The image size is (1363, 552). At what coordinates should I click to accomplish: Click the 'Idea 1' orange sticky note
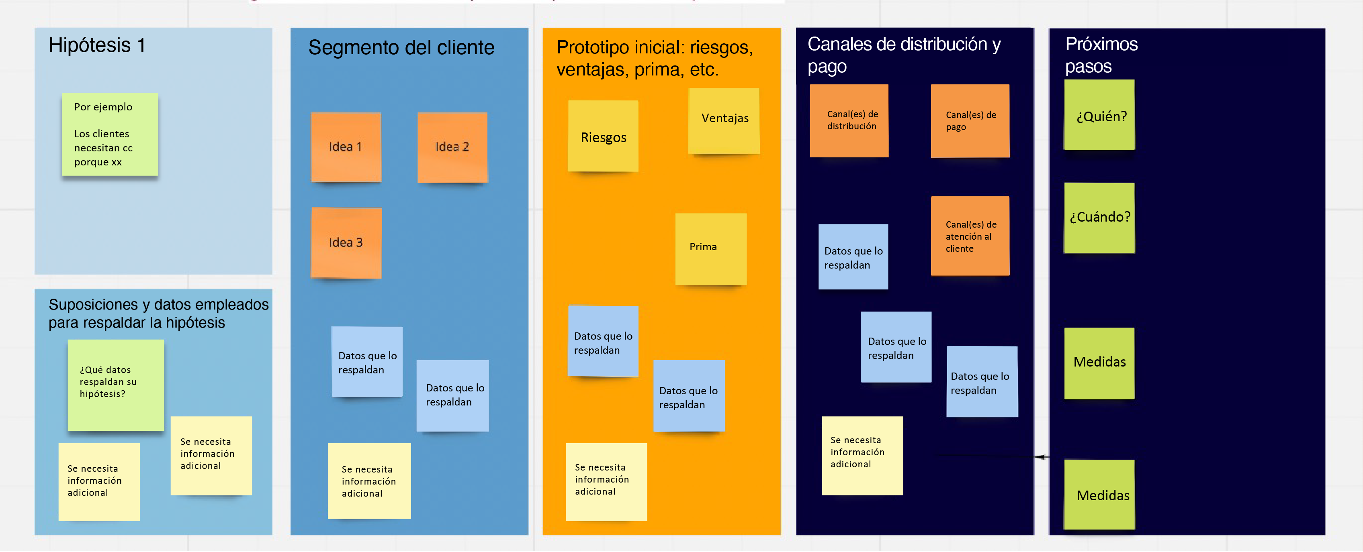coord(346,147)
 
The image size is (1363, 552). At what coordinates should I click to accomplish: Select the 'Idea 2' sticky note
coord(452,147)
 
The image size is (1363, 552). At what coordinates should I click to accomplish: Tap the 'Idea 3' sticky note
coord(346,243)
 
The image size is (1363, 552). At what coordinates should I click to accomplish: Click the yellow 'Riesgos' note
coord(603,136)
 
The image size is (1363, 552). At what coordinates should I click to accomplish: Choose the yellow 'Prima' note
coord(710,249)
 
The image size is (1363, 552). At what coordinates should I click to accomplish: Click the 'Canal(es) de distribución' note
coord(849,120)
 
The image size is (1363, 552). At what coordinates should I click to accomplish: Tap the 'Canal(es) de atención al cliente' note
coord(970,236)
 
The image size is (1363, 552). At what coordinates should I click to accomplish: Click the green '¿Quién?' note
coord(1099,115)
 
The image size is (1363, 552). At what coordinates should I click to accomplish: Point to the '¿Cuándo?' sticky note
coord(1099,217)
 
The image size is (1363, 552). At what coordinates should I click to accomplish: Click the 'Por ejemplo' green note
coord(110,134)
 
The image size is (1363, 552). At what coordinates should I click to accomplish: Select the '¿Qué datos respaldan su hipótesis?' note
coord(115,384)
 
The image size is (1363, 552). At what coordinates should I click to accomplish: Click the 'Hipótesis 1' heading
coord(97,45)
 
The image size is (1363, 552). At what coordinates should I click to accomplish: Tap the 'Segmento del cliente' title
coord(401,48)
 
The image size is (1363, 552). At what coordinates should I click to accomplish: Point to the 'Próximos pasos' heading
coord(1101,55)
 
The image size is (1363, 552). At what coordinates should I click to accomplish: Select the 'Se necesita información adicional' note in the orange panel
coord(606,482)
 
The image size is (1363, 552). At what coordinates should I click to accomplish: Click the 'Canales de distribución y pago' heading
coord(904,55)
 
